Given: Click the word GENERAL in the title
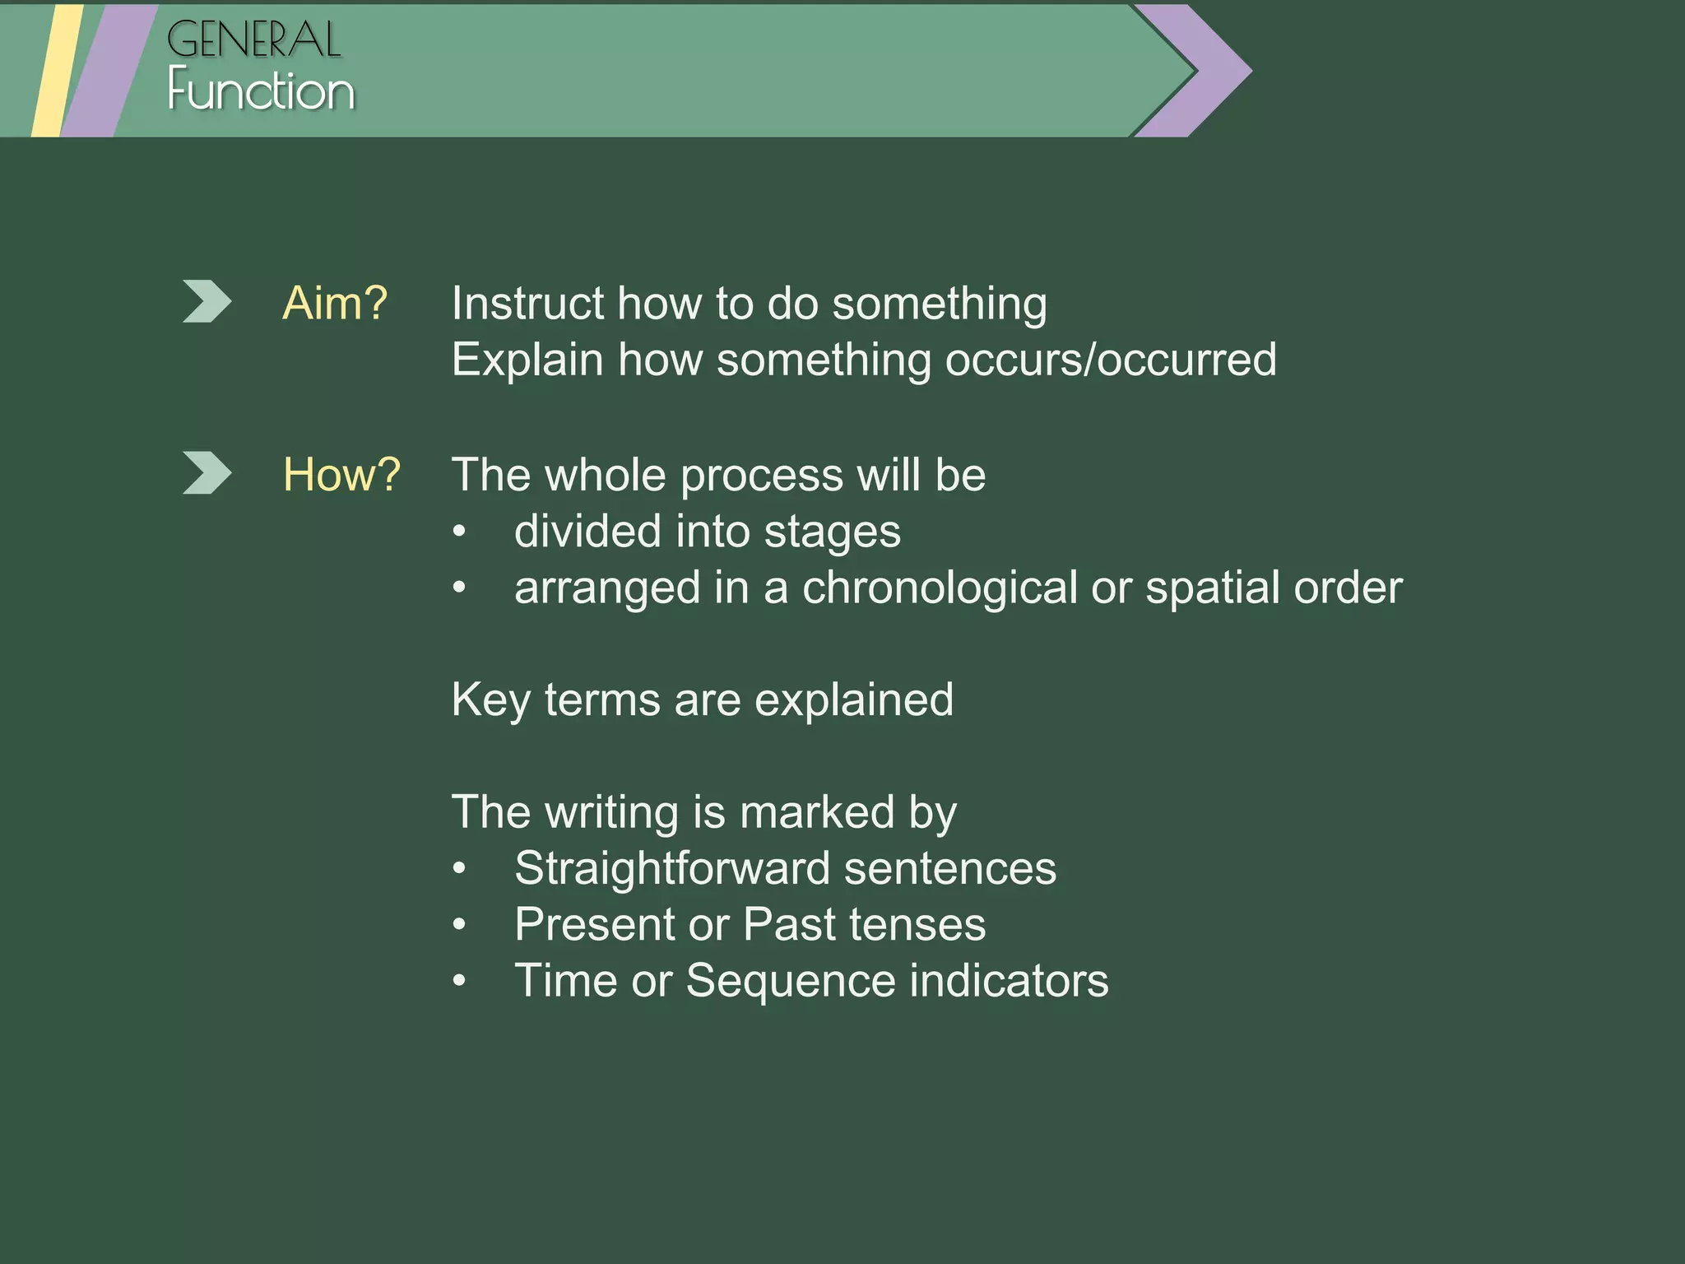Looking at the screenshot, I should (253, 40).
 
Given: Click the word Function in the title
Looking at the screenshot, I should (261, 91).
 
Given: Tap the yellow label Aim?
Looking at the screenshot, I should (334, 304).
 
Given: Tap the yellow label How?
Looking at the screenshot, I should (341, 475).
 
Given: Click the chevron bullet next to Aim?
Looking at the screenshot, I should (206, 301).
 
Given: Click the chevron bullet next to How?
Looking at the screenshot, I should (206, 473).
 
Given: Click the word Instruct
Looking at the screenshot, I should (527, 304).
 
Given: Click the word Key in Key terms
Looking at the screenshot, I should (490, 700).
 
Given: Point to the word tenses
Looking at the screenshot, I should (917, 925).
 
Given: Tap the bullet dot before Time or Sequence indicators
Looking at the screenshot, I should (460, 981).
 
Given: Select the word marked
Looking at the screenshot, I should (816, 813).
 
